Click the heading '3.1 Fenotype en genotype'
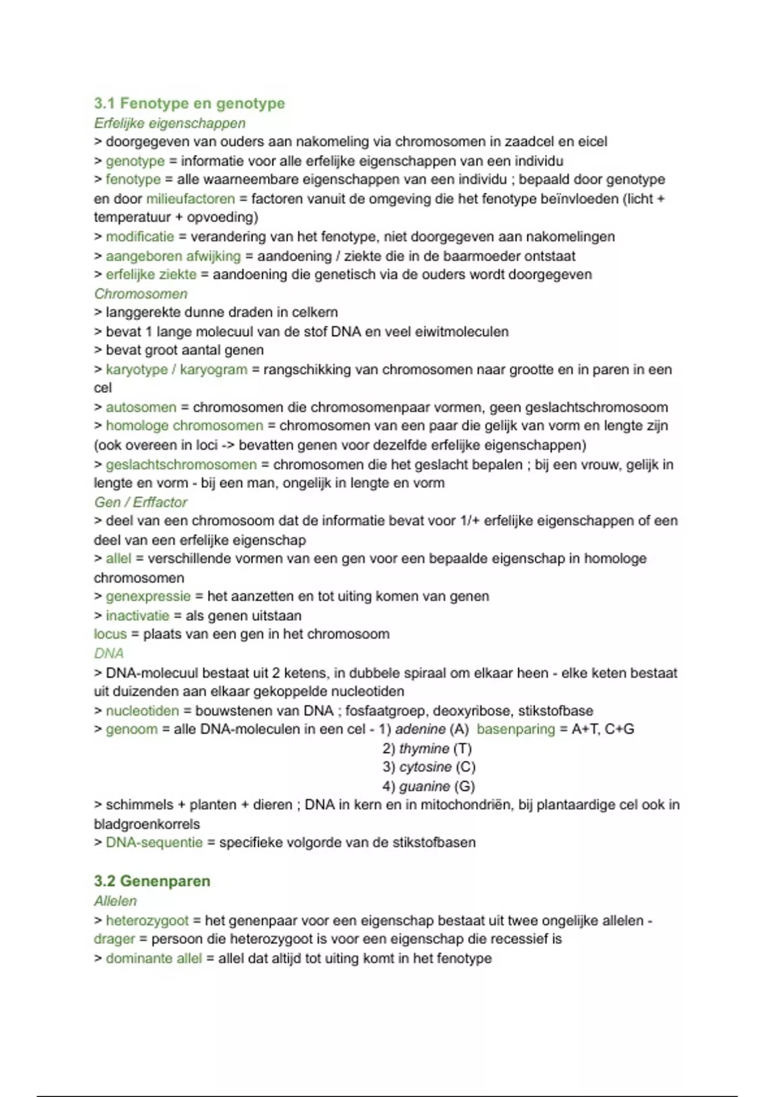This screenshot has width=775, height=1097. click(x=189, y=103)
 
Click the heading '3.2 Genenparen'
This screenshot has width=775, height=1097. click(x=152, y=881)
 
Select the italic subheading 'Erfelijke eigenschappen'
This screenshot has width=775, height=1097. click(x=170, y=123)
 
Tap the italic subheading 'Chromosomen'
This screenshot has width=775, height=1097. click(x=141, y=294)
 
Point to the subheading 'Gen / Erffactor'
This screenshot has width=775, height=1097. click(x=141, y=502)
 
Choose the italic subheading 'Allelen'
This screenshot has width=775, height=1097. click(x=116, y=901)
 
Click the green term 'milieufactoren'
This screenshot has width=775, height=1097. click(x=191, y=199)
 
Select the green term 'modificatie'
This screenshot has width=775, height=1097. click(x=140, y=237)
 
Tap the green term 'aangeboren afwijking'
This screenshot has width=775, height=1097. click(x=173, y=256)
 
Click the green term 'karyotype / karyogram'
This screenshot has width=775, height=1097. click(x=176, y=370)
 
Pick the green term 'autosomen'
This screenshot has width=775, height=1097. click(x=141, y=407)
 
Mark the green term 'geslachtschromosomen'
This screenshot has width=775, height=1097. click(x=181, y=465)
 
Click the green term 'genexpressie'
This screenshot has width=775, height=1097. click(x=149, y=596)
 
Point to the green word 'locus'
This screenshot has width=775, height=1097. click(x=110, y=634)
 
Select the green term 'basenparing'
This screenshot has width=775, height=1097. click(x=515, y=729)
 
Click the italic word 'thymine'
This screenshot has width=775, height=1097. click(x=424, y=749)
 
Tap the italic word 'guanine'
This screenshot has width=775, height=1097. click(x=424, y=786)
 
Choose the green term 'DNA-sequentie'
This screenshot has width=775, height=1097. click(x=154, y=842)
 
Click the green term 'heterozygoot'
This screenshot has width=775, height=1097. click(x=147, y=921)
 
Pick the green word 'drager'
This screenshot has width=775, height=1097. click(x=114, y=939)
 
